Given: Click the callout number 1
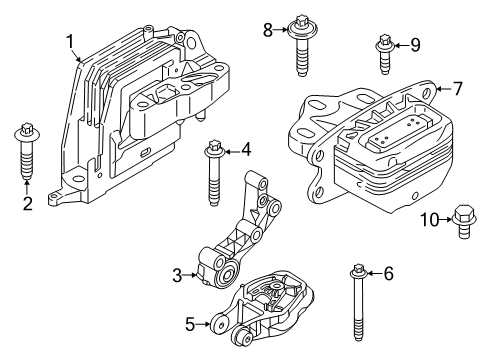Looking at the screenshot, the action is (70, 42).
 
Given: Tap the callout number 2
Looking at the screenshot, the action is (28, 203).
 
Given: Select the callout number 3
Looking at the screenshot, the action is (177, 276).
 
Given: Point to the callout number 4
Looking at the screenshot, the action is (246, 150).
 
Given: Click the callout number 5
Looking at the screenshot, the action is (190, 324).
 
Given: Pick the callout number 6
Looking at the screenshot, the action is (388, 274).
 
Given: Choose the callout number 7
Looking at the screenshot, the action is (458, 88).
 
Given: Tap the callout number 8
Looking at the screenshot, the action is (268, 30).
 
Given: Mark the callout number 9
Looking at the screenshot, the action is (415, 45).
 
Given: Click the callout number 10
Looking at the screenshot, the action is (430, 220).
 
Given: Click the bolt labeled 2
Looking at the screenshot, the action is (27, 151).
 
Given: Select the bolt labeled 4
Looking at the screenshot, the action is (214, 173).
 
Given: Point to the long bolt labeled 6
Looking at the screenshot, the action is (358, 302).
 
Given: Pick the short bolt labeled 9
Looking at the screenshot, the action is (385, 54).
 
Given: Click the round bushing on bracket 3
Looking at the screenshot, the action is (228, 276).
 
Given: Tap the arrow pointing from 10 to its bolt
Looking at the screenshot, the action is (446, 219).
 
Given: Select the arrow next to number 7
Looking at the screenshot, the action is (443, 89).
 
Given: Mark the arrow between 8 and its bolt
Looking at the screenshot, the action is (281, 30).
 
